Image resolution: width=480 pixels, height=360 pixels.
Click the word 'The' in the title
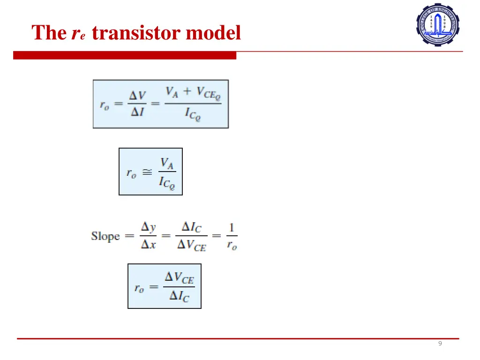coord(49,33)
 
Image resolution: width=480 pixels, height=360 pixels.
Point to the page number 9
coord(440,344)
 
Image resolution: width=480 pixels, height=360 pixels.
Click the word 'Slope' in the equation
coord(105,236)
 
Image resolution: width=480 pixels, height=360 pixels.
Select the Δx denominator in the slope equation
coord(149,244)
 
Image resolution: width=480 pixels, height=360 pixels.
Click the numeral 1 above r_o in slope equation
coord(232,228)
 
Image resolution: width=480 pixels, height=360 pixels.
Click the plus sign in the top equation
coord(187,91)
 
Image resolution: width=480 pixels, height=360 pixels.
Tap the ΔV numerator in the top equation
coord(137,96)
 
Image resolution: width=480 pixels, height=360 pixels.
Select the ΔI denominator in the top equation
coord(137,112)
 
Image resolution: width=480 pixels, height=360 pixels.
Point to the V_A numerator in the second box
coord(167,163)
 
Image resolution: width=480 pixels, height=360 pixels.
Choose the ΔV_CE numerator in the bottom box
coord(179,278)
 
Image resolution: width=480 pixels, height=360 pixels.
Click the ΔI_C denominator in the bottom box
coord(179,296)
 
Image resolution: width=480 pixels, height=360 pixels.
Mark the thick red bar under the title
coord(125,56)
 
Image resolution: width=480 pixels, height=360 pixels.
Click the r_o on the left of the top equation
coord(104,105)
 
